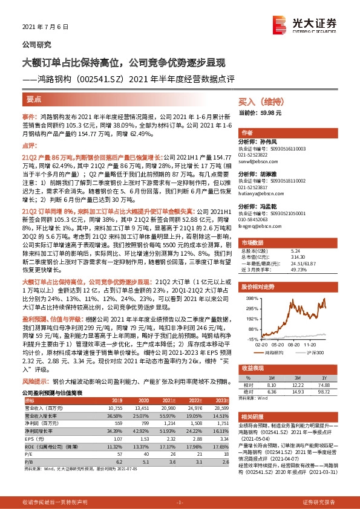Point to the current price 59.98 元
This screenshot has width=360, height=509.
270,113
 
